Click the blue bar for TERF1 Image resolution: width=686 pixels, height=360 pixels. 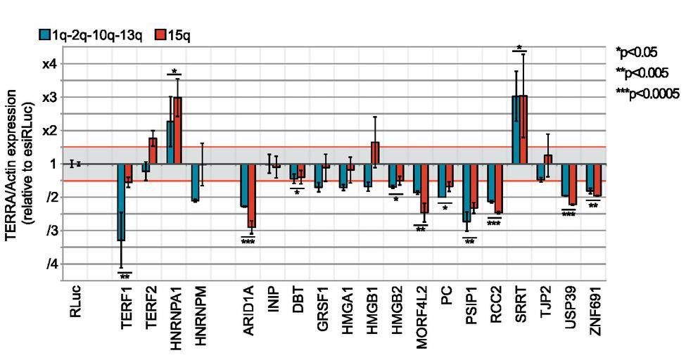click(x=120, y=202)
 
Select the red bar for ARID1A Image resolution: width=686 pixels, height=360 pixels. click(x=251, y=195)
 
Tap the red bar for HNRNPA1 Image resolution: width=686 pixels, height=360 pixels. click(x=177, y=130)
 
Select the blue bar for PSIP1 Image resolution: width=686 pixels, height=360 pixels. click(x=466, y=193)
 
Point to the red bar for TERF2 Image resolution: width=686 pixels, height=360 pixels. click(x=153, y=150)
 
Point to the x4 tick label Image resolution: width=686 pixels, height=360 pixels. click(x=51, y=63)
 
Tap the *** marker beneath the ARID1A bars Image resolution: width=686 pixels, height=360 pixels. click(x=247, y=242)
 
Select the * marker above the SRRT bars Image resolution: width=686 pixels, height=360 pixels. click(x=519, y=48)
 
